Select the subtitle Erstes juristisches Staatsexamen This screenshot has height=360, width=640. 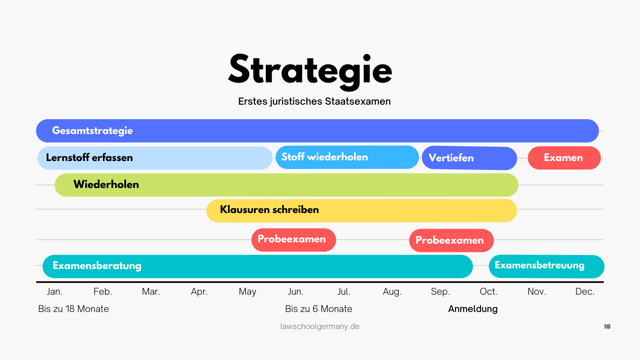pyautogui.click(x=314, y=101)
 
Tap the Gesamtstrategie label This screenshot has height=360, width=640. pyautogui.click(x=92, y=131)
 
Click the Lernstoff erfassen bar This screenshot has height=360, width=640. pyautogui.click(x=155, y=158)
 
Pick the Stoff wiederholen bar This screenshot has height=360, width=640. pyautogui.click(x=347, y=157)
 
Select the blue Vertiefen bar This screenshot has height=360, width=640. pyautogui.click(x=469, y=158)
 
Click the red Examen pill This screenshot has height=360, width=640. pyautogui.click(x=564, y=158)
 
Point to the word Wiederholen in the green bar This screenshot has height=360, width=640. pyautogui.click(x=106, y=184)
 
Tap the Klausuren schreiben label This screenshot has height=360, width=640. pyautogui.click(x=269, y=209)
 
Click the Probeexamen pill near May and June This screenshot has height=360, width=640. pyautogui.click(x=294, y=240)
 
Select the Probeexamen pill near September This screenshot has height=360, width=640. pyautogui.click(x=451, y=240)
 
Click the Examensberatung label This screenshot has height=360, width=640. pyautogui.click(x=97, y=266)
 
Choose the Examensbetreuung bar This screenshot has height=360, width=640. pyautogui.click(x=547, y=266)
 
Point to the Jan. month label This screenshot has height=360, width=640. pyautogui.click(x=54, y=292)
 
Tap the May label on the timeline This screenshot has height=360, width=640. pyautogui.click(x=247, y=292)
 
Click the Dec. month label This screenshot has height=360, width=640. pyautogui.click(x=585, y=292)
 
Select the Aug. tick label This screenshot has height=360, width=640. pyautogui.click(x=392, y=292)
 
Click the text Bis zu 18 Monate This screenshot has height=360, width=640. pyautogui.click(x=73, y=309)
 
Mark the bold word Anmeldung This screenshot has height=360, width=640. pyautogui.click(x=473, y=309)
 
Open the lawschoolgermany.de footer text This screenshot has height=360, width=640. pyautogui.click(x=320, y=326)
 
